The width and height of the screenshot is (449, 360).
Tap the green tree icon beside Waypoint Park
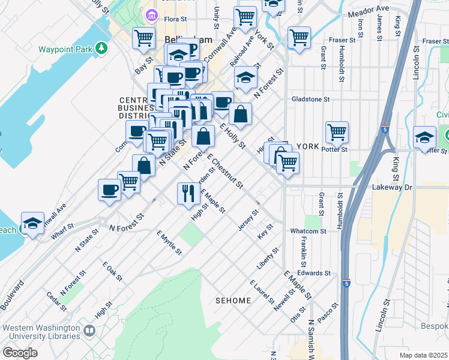click(x=103, y=47)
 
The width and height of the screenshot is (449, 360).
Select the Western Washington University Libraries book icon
click(x=89, y=331)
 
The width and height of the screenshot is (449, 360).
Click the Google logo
click(x=20, y=352)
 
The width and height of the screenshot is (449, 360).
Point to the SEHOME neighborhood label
click(x=234, y=299)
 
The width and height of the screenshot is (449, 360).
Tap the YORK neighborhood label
click(x=307, y=146)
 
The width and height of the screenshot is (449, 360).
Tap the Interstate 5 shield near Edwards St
click(x=346, y=282)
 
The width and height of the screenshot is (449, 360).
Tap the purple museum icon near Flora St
click(x=151, y=14)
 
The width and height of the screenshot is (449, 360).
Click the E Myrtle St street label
click(x=169, y=242)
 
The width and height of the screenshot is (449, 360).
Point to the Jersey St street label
click(x=249, y=220)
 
